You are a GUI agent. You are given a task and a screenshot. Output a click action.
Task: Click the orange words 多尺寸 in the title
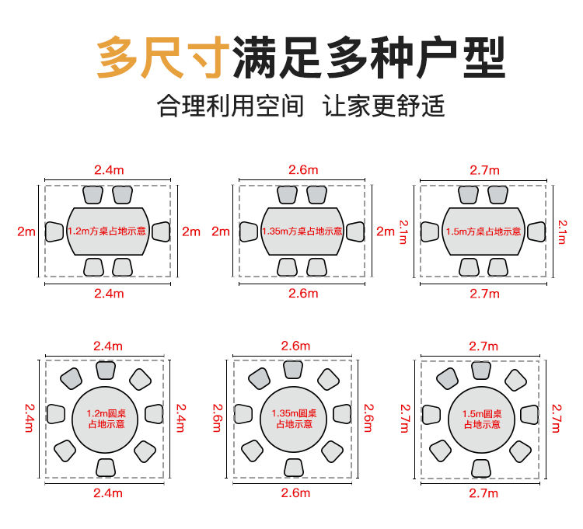coord(162,57)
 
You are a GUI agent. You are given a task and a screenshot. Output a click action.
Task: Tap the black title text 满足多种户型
coord(368,57)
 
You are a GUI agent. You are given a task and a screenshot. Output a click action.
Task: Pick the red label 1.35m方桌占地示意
coord(302,231)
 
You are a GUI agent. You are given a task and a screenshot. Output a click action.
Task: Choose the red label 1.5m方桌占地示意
coord(484,231)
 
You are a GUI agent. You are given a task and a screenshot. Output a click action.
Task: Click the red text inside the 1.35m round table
coord(292,419)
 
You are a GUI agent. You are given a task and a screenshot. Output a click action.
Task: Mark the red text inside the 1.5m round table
coord(483,419)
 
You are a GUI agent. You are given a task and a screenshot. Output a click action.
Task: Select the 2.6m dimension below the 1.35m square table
coord(302,294)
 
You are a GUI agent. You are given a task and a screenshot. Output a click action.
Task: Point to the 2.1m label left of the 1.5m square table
coord(403,231)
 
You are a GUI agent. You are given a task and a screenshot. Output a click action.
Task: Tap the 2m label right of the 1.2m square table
coord(190,231)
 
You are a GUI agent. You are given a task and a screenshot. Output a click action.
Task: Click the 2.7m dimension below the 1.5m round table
coord(484,492)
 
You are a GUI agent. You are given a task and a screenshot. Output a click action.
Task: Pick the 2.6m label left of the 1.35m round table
coord(217,418)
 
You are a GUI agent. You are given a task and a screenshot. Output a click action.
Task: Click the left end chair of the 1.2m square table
coord(54,231)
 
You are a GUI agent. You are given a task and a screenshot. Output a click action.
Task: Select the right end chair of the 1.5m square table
coord(536,231)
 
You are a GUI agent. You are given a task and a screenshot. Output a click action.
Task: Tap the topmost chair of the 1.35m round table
coord(293,369)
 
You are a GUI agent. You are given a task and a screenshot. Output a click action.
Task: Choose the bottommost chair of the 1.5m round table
coord(484,467)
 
